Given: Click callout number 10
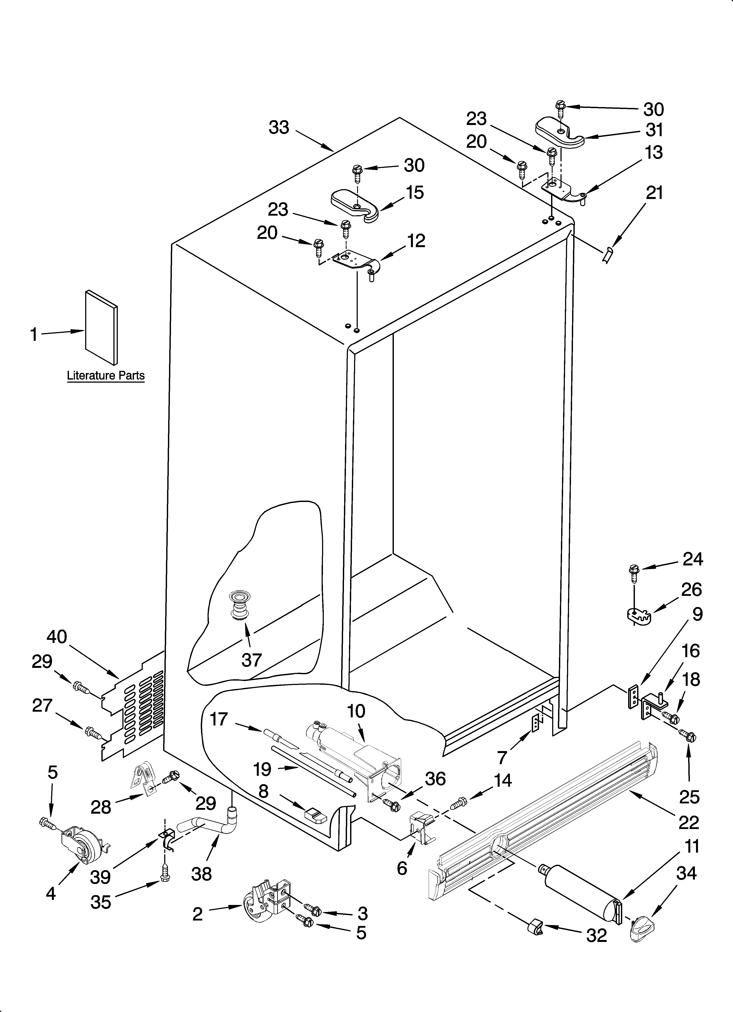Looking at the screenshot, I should point(356,711).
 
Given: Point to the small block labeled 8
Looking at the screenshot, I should point(315,815).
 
